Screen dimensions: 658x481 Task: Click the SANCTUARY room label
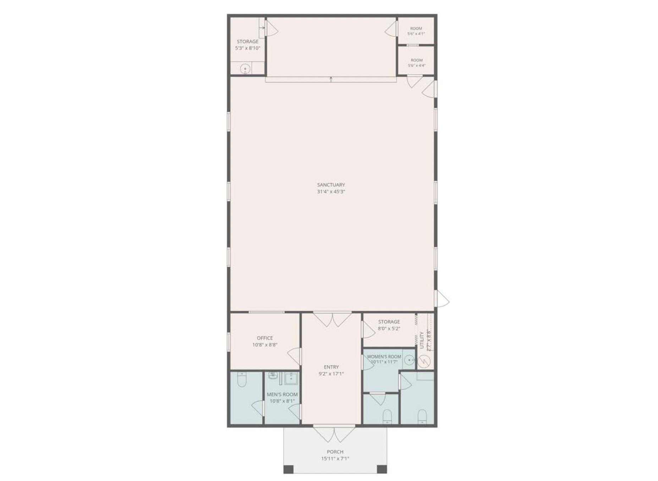[x=331, y=185]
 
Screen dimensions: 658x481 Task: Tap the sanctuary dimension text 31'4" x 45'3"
[x=331, y=192]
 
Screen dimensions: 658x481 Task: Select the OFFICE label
[x=265, y=338]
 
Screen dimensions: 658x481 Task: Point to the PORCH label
[x=335, y=452]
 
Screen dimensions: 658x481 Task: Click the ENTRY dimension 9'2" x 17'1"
[x=331, y=374]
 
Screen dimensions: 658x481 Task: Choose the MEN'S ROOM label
[x=282, y=394]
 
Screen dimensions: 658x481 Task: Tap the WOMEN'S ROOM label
[x=384, y=356]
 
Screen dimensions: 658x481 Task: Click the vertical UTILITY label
[x=422, y=340]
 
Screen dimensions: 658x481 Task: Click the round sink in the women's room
[x=410, y=360]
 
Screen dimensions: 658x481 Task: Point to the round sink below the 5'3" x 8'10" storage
[x=245, y=68]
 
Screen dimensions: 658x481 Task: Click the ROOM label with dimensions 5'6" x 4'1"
[x=416, y=28]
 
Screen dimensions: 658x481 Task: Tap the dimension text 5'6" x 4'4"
[x=417, y=66]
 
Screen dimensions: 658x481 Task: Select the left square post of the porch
[x=289, y=469]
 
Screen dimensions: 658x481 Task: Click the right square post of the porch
[x=382, y=469]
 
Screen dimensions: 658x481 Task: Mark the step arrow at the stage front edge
[x=331, y=79]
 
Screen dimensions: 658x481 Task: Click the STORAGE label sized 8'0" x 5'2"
[x=389, y=322]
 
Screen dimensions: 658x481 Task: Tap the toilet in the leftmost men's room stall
[x=242, y=380]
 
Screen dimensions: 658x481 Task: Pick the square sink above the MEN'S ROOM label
[x=291, y=378]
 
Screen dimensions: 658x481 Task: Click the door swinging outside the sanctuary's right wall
[x=442, y=299]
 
